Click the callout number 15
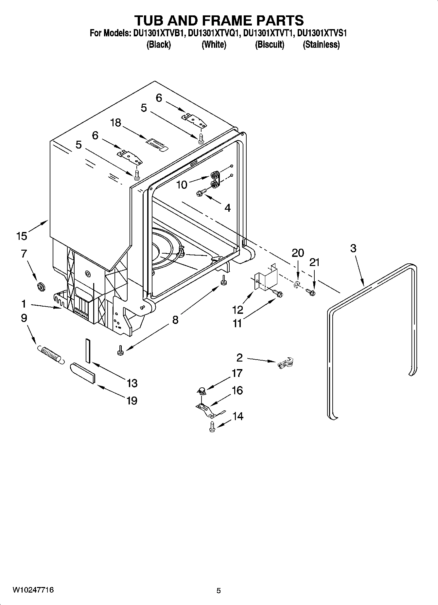pos(22,236)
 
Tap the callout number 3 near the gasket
pos(353,248)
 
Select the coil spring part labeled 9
pos(51,354)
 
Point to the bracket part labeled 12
pos(267,278)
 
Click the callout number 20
pos(298,253)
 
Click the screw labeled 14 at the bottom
pos(212,427)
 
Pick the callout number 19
pos(132,400)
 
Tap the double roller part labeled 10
pos(215,180)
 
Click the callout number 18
pos(115,123)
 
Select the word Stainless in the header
pos(321,44)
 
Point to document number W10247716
pos(33,590)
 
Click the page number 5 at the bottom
pos(219,591)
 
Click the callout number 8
pos(175,320)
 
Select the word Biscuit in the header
pos(270,44)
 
